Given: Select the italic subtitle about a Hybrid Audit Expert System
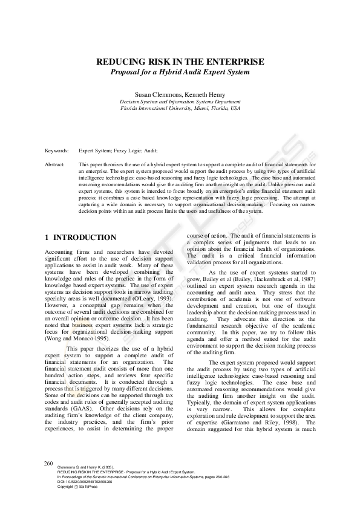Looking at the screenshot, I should (180, 72).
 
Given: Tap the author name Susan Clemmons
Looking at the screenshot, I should (159, 95).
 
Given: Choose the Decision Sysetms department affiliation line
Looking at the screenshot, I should (180, 102).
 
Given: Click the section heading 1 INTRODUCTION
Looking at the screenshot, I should (80, 238).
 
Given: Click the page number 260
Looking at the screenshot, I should (49, 463).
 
